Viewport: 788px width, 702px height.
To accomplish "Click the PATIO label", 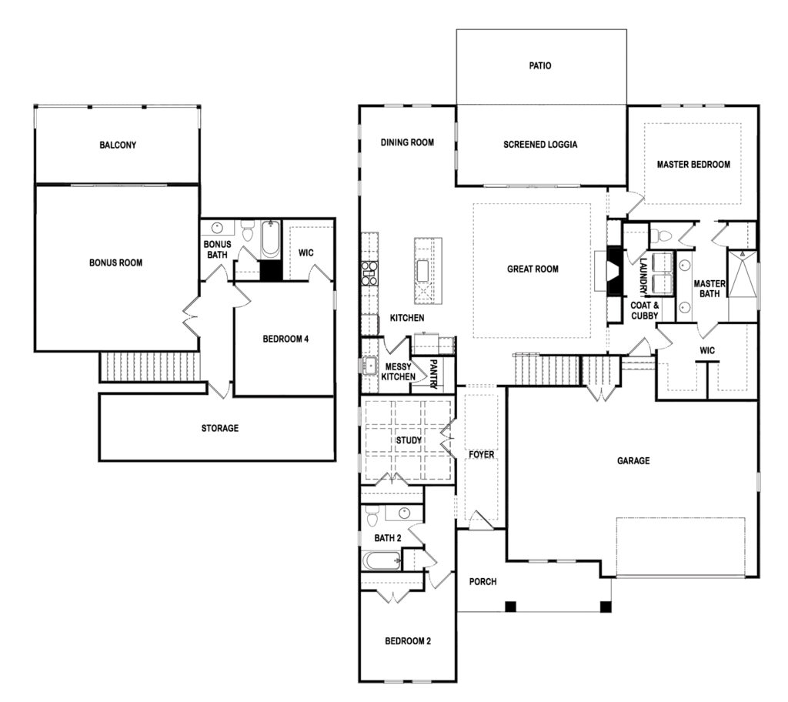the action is point(539,65).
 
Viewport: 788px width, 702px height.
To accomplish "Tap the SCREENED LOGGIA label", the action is point(540,144).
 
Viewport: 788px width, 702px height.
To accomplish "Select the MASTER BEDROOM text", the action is point(693,165).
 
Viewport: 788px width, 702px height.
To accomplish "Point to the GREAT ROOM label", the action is point(533,269).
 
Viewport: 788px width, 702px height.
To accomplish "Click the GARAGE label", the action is point(633,460).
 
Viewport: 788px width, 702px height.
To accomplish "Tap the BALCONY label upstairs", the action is point(118,145).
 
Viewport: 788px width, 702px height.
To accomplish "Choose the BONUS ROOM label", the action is point(115,262).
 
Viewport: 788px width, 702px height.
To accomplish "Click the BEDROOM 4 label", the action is point(285,339).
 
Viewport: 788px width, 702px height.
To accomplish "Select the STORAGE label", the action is point(219,429).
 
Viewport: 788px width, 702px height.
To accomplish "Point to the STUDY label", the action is point(409,440).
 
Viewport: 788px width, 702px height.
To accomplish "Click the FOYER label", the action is point(482,455).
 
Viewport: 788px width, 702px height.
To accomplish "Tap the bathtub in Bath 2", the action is point(382,560).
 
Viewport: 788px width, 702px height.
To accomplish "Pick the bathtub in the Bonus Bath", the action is point(270,239).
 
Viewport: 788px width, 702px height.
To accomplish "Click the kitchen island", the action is point(428,270).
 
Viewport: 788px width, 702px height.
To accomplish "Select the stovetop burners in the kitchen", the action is point(369,274).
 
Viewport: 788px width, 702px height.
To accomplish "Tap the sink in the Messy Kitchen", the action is point(370,365).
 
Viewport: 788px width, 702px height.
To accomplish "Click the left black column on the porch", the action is point(511,607).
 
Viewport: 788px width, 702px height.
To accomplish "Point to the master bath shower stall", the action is point(743,273).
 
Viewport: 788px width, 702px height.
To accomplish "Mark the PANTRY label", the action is point(434,374).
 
